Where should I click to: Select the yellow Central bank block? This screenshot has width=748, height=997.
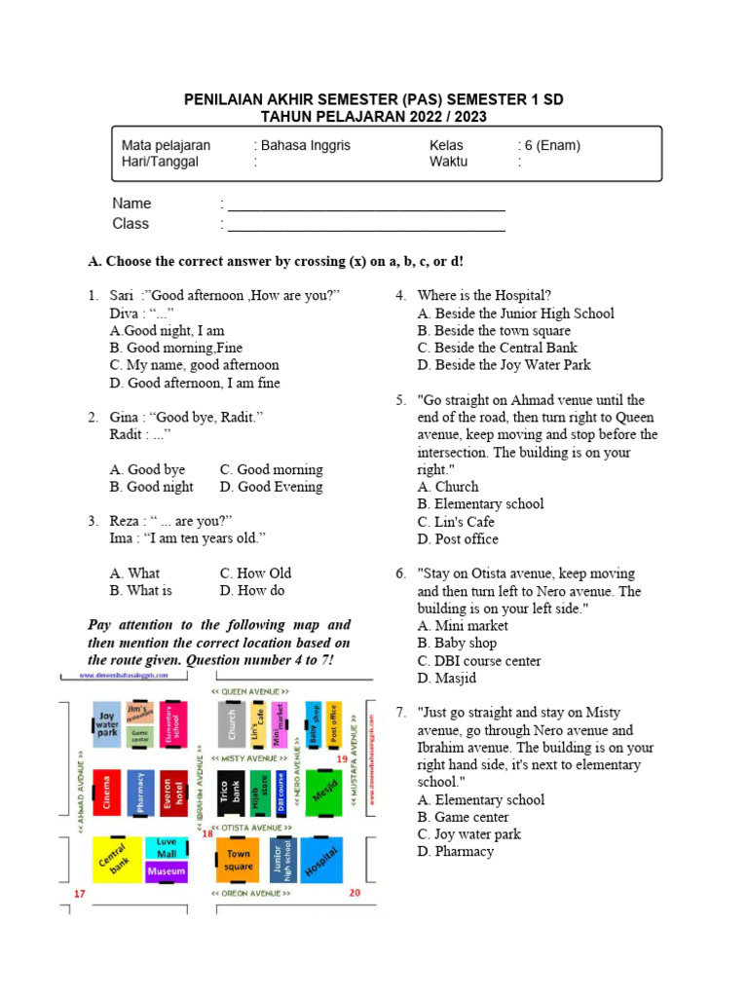[114, 859]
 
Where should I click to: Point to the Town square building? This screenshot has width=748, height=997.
[238, 860]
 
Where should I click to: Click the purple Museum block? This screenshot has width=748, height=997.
[166, 871]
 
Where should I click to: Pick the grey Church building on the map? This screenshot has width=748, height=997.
[231, 723]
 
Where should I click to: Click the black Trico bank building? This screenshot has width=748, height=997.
[229, 793]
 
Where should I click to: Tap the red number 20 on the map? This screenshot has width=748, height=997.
[355, 893]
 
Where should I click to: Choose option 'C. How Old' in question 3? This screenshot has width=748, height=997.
[255, 573]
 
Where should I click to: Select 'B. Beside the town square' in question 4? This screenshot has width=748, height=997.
[494, 331]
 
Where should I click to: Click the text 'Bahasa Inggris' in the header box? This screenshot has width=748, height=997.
[305, 146]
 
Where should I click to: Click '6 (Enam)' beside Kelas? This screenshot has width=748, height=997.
[552, 146]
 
